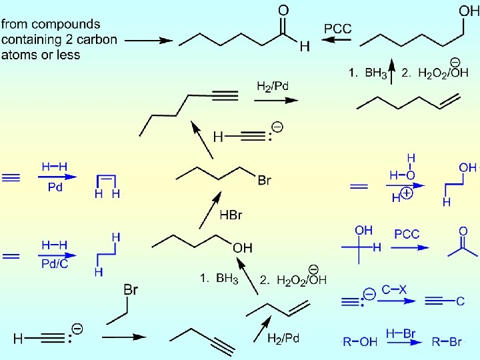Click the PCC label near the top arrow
[x=338, y=29]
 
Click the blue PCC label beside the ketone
[x=407, y=234]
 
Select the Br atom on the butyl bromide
[x=265, y=181]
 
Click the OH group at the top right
[x=469, y=11]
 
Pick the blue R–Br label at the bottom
[x=447, y=342]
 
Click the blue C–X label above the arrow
[x=395, y=290]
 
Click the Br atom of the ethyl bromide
[x=131, y=289]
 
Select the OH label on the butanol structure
[x=243, y=247]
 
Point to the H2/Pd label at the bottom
[x=283, y=339]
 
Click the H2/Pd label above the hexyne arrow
[x=273, y=86]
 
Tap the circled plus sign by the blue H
[x=406, y=195]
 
